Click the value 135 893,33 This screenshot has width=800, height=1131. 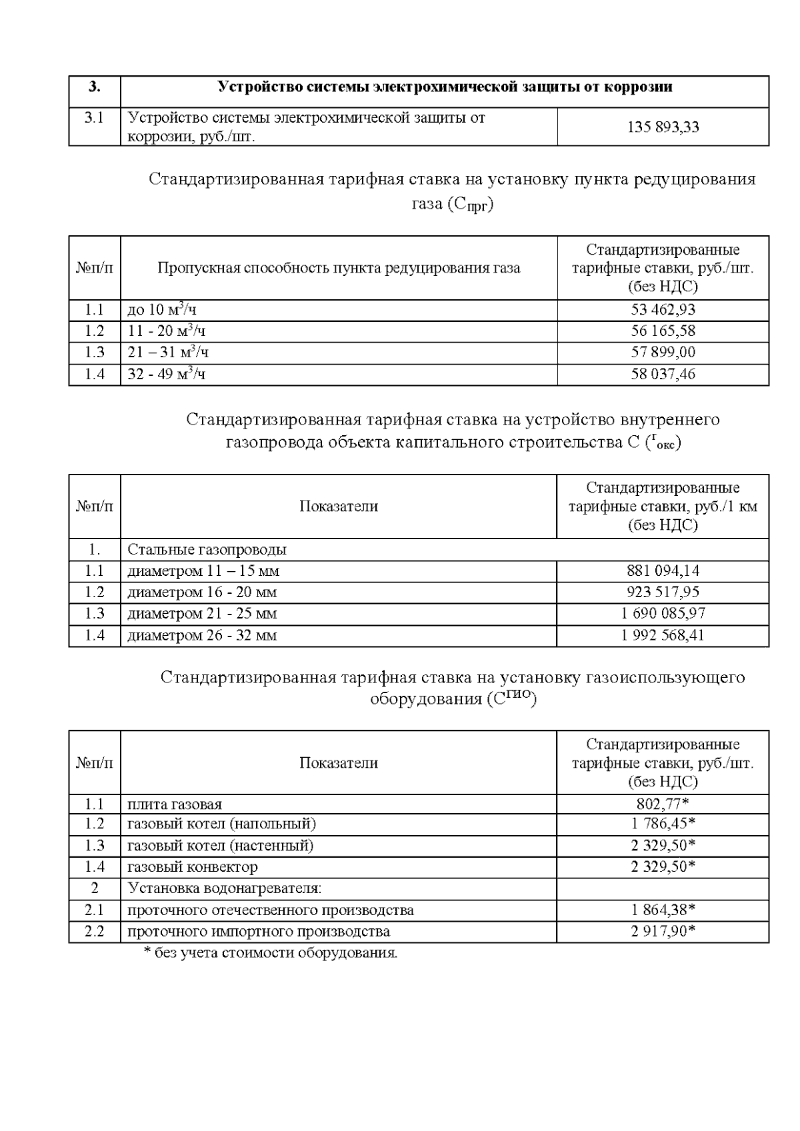click(663, 127)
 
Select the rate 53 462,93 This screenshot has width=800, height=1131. click(663, 310)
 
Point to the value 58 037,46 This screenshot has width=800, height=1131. click(663, 374)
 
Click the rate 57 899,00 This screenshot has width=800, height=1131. click(663, 353)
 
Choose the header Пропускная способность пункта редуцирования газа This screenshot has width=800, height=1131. click(339, 269)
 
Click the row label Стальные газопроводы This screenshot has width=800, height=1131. click(207, 550)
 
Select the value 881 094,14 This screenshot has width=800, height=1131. click(663, 571)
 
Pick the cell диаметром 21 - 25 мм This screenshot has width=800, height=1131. click(202, 614)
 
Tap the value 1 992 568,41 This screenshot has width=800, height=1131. click(663, 635)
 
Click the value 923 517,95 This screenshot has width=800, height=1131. click(663, 592)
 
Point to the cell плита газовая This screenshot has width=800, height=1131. click(175, 804)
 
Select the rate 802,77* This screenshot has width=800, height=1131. click(663, 804)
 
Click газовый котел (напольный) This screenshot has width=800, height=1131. click(221, 824)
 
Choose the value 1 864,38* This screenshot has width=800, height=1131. click(663, 910)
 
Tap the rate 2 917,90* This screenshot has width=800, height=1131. click(663, 931)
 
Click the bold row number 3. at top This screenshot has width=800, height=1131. click(95, 87)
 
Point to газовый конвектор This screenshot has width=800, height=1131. click(192, 867)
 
